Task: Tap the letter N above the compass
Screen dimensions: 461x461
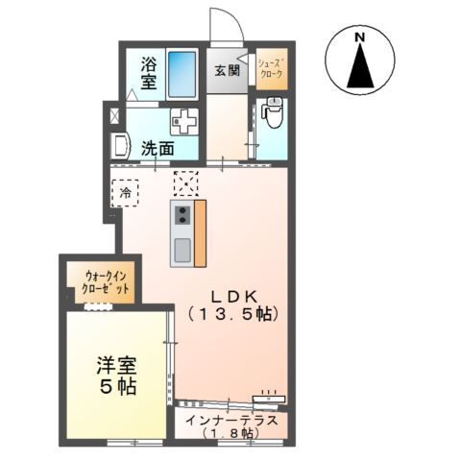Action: (x=359, y=37)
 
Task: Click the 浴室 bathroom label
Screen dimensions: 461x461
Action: (x=149, y=74)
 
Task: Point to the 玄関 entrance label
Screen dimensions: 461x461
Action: (x=227, y=70)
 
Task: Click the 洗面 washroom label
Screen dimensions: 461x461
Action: (x=158, y=149)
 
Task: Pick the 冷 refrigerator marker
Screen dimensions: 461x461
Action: (x=125, y=194)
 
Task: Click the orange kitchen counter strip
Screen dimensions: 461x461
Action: (x=200, y=233)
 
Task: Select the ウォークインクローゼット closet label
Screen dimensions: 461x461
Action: (x=103, y=281)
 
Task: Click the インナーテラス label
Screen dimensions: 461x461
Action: (x=230, y=420)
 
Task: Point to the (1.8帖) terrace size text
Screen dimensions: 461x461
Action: (x=230, y=435)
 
